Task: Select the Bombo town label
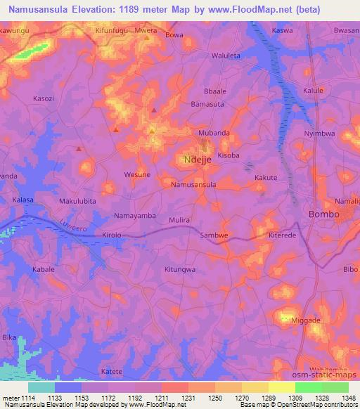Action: (325, 214)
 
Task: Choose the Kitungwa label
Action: (179, 269)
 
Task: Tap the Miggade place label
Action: (305, 320)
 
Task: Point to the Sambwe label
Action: (215, 236)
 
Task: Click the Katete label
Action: (112, 371)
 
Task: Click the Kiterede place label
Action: (283, 236)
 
